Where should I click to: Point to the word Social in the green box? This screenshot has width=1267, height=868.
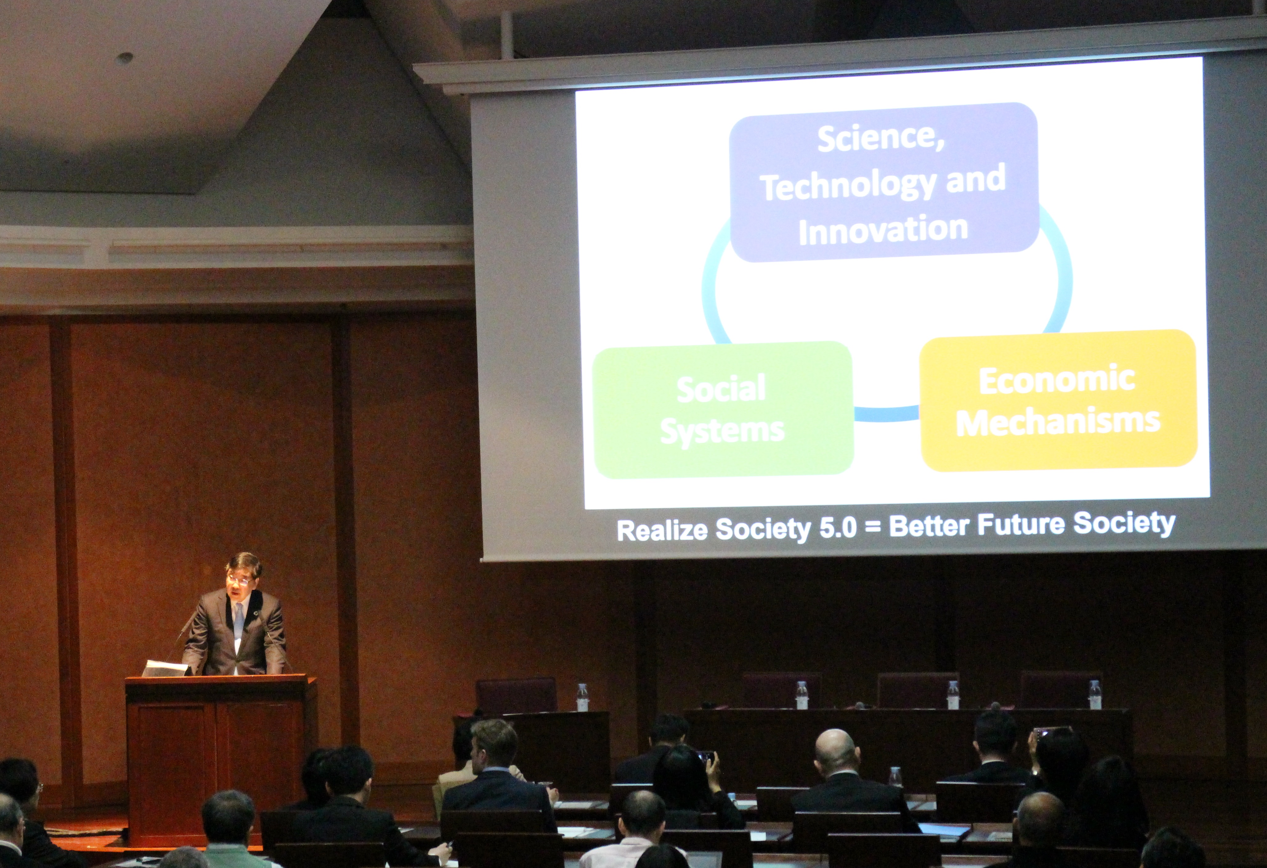[x=721, y=388]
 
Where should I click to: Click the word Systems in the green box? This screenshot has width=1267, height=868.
[x=722, y=431]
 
